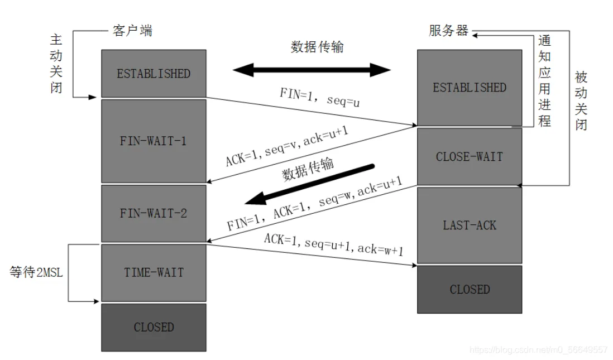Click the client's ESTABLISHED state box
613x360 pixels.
click(154, 73)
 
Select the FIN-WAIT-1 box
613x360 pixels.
click(154, 141)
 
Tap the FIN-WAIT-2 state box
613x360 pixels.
click(154, 213)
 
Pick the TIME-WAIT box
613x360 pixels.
click(154, 272)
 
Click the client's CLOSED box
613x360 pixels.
click(154, 327)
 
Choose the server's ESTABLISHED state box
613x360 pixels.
click(469, 88)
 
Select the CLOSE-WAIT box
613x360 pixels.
click(469, 156)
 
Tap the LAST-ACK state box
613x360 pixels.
click(469, 225)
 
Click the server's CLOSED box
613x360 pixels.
click(469, 289)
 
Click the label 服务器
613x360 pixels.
click(448, 30)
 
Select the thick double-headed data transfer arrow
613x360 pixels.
click(312, 70)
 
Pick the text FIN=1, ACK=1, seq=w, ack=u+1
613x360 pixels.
click(314, 205)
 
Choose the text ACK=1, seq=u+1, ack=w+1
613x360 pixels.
click(333, 244)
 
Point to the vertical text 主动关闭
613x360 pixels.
click(56, 64)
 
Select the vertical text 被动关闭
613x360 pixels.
click(581, 100)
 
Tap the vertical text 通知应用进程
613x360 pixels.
click(544, 81)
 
